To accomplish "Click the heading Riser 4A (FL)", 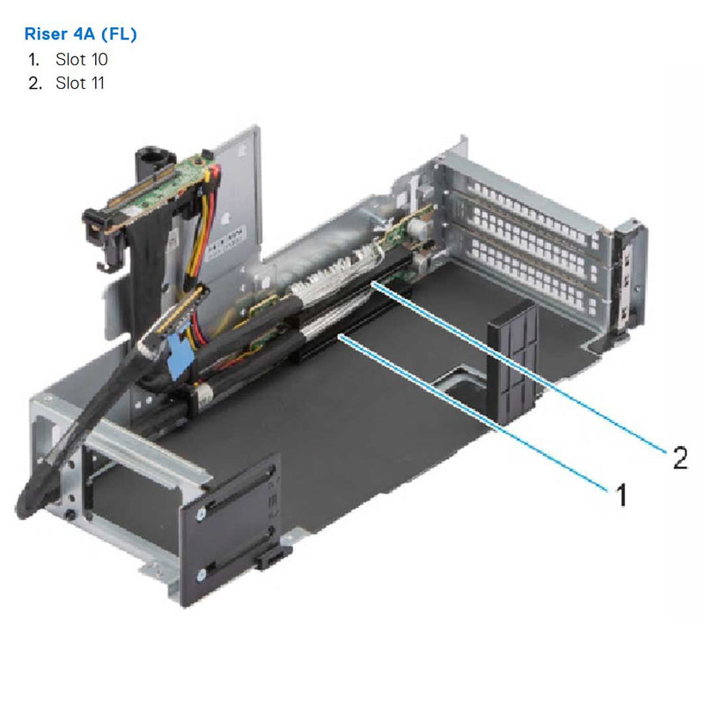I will (x=78, y=35).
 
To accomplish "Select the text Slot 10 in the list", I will (x=81, y=60).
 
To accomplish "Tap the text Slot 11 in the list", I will (x=80, y=84).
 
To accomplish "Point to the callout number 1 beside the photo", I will (x=620, y=495).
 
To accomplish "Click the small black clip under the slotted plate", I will (x=272, y=556).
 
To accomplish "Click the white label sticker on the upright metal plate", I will (x=233, y=238).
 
